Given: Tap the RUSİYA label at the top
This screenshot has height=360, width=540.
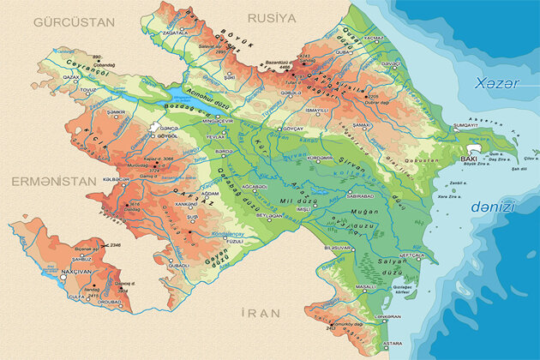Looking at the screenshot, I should click(271, 16).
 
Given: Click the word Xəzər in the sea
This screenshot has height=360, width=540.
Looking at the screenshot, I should click(494, 82).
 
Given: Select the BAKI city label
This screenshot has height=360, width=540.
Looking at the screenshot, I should click(469, 159).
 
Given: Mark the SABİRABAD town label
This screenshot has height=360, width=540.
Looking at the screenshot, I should click(362, 195).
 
